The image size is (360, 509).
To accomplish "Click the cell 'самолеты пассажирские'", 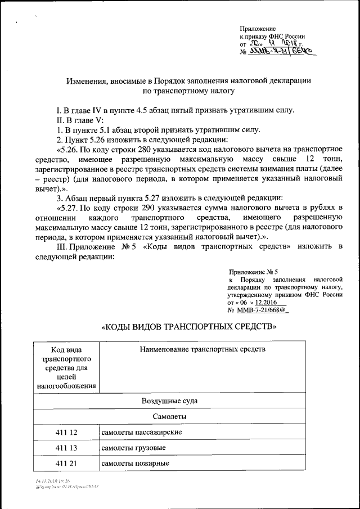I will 141,433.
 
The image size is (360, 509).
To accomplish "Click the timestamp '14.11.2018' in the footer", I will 46,481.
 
